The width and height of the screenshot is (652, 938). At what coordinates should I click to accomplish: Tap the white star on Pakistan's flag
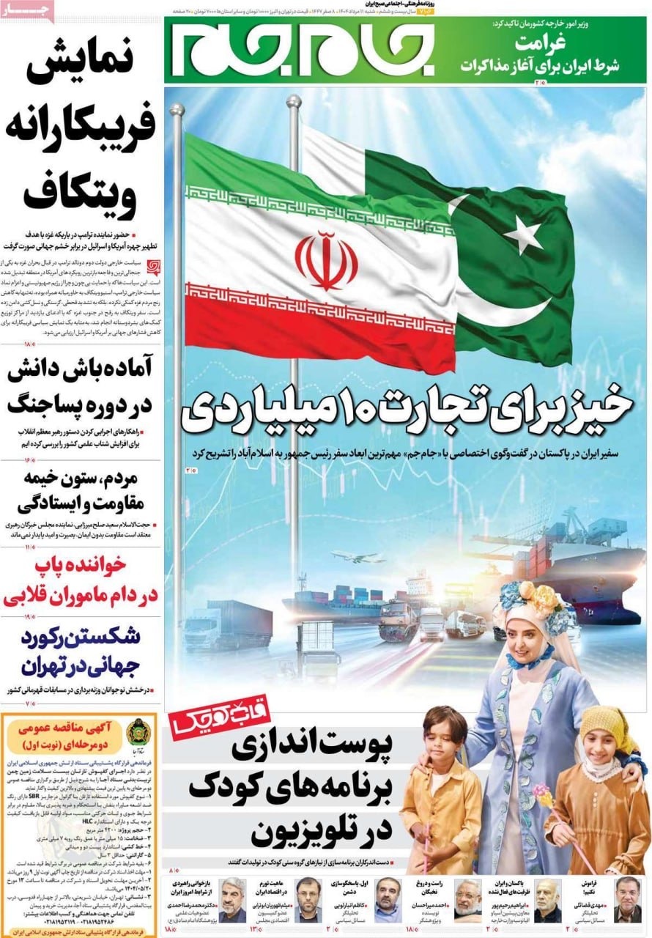[x=522, y=234]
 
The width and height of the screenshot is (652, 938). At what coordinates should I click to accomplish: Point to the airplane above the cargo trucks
[x=358, y=556]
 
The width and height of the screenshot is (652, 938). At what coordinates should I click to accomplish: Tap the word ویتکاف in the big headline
[x=81, y=192]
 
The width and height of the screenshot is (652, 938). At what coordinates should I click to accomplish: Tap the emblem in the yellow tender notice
[x=137, y=732]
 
